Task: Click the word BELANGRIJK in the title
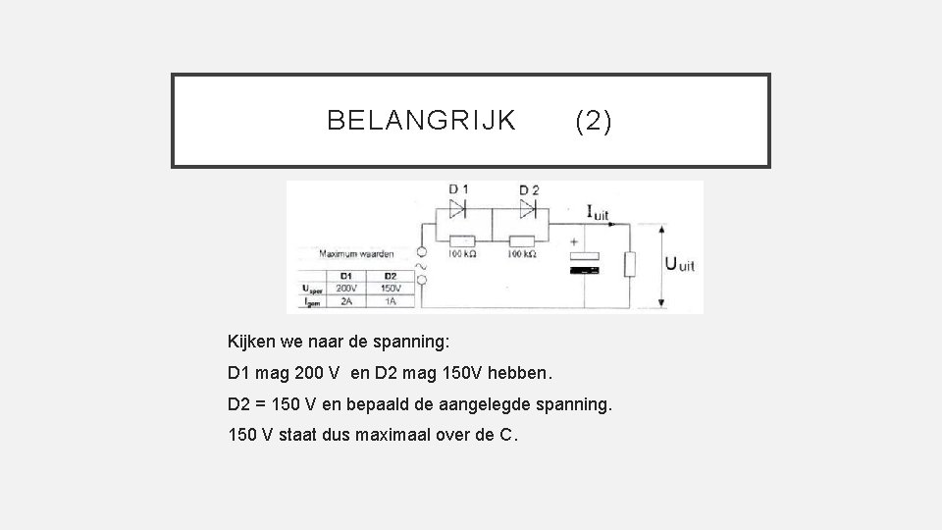tap(421, 121)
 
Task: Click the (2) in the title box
tap(593, 121)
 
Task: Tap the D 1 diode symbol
tap(458, 208)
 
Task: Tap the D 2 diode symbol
tap(528, 208)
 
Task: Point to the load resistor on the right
tap(631, 264)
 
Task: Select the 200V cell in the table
tap(345, 289)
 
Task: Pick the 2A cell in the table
tap(345, 302)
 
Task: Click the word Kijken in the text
tap(252, 343)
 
